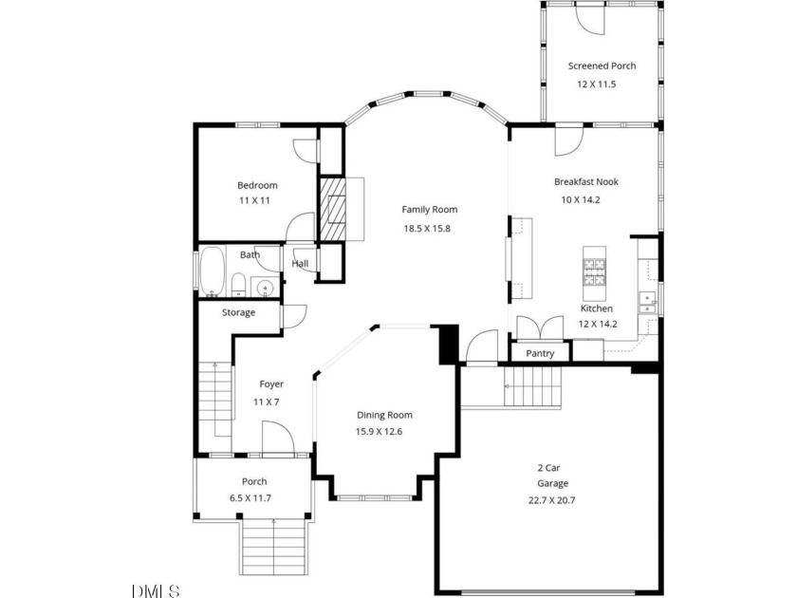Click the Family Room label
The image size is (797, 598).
430,210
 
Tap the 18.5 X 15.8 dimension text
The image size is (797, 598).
427,229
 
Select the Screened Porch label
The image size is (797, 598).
602,65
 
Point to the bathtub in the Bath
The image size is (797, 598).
213,271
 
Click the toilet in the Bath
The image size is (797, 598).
238,285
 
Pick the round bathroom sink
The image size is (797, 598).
265,289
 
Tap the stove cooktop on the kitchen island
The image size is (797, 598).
594,272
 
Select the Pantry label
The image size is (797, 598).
540,353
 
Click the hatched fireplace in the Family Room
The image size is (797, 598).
332,209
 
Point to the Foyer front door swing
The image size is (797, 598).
278,437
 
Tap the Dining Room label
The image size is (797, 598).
384,415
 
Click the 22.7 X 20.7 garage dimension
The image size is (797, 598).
551,500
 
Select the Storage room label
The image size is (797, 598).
238,312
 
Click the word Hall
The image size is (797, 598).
300,264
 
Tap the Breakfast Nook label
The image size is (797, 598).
586,181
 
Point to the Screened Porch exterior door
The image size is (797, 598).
590,18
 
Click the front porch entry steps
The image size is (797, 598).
274,547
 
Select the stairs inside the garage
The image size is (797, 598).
532,386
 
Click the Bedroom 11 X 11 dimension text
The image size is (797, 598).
254,200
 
